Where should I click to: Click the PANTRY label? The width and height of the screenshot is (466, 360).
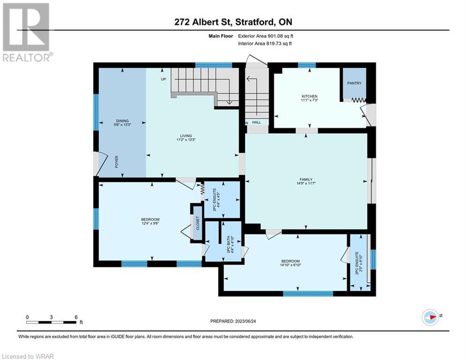click(x=354, y=83)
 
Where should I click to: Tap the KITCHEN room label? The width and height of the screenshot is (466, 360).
click(x=310, y=96)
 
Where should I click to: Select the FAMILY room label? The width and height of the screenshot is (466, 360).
click(x=306, y=180)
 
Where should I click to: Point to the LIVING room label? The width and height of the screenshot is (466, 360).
click(x=186, y=135)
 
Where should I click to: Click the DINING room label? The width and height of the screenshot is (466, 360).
click(x=122, y=121)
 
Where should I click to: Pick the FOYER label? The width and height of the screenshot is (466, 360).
click(x=117, y=162)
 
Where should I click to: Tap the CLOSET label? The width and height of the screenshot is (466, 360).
click(x=198, y=223)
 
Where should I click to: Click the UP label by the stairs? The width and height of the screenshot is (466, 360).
click(x=163, y=79)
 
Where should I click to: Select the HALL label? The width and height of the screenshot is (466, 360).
click(x=257, y=122)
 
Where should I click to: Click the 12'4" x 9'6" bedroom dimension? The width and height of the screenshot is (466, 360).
click(x=150, y=223)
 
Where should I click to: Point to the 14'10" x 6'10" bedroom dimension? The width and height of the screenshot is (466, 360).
click(x=290, y=265)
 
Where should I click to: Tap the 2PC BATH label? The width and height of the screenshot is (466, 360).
click(x=229, y=245)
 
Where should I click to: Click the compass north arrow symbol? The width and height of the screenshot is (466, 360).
click(x=430, y=317)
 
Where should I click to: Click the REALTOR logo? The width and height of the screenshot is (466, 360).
click(x=26, y=32)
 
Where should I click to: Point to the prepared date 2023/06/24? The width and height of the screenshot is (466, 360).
click(x=233, y=321)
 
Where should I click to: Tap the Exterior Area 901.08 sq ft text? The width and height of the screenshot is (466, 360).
click(x=266, y=36)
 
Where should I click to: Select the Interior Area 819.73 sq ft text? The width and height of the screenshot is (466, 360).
click(x=265, y=44)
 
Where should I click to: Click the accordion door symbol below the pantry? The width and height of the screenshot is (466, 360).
click(x=359, y=101)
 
